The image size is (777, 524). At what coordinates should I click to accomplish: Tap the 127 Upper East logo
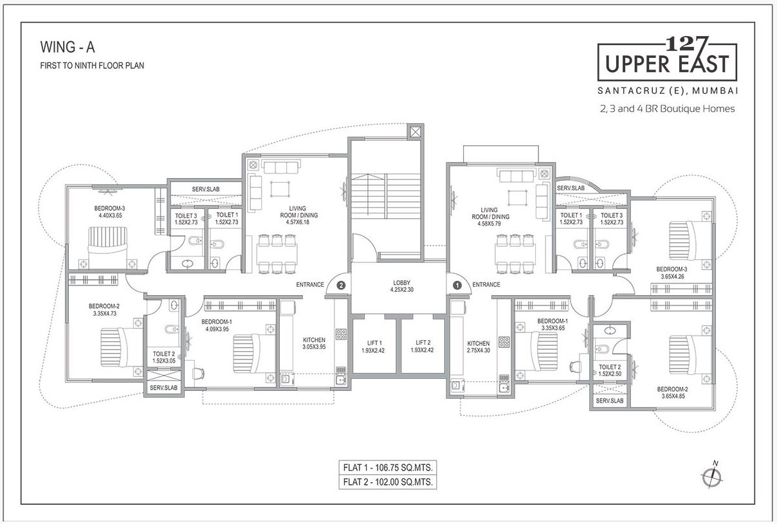(x=667, y=59)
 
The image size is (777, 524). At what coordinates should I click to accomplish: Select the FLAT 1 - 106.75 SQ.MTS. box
(x=387, y=467)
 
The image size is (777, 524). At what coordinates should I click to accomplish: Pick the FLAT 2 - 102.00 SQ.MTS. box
(x=387, y=482)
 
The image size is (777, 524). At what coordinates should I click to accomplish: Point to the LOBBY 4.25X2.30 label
(x=401, y=287)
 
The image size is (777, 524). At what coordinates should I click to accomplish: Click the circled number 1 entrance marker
(x=457, y=284)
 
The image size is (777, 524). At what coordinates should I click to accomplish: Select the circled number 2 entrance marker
(x=341, y=284)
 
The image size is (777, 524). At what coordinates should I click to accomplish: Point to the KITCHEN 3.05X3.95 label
(x=314, y=343)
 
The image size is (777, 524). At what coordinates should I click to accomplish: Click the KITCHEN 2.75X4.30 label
(x=478, y=347)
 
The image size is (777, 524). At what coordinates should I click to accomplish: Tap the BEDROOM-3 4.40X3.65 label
(x=110, y=212)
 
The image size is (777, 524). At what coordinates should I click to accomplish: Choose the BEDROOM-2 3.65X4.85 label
(x=672, y=393)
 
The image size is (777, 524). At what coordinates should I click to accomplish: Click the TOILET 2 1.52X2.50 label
(x=609, y=370)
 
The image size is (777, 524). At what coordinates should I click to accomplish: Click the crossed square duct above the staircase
(x=416, y=132)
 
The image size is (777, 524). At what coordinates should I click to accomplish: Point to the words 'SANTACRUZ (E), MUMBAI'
(x=667, y=89)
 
